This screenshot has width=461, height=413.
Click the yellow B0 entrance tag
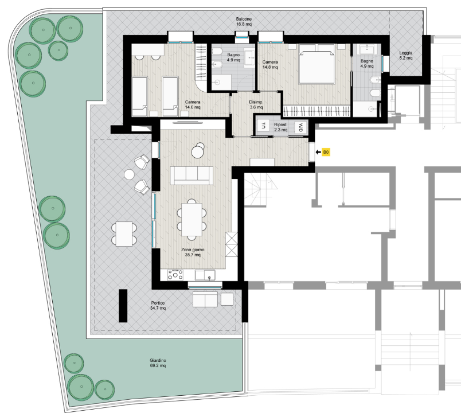(x=326, y=152)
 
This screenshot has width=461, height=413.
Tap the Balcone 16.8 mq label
(x=244, y=22)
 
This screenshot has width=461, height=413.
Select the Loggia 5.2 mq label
(x=406, y=55)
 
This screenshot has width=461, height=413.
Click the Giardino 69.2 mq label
(x=158, y=363)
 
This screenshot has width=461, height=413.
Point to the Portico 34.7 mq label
(x=158, y=306)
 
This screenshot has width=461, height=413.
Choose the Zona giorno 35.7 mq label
(x=193, y=252)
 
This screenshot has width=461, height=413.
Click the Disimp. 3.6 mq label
(x=256, y=105)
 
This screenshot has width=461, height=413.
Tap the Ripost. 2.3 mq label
(x=281, y=127)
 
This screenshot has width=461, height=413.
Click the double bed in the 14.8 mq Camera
(x=317, y=64)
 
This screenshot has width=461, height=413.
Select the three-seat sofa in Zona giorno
(x=192, y=176)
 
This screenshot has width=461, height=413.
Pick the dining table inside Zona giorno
(x=192, y=220)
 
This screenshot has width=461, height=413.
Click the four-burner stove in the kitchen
(x=175, y=275)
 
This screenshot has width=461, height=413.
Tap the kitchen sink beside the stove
(x=205, y=275)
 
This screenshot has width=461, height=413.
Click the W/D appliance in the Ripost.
(x=301, y=128)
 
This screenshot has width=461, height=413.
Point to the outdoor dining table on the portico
(x=124, y=234)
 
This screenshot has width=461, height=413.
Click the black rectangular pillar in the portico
(x=123, y=306)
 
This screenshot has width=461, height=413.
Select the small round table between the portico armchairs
(x=129, y=174)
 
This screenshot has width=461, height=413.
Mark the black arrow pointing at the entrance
(x=318, y=152)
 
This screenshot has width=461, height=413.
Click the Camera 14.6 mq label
(x=193, y=105)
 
